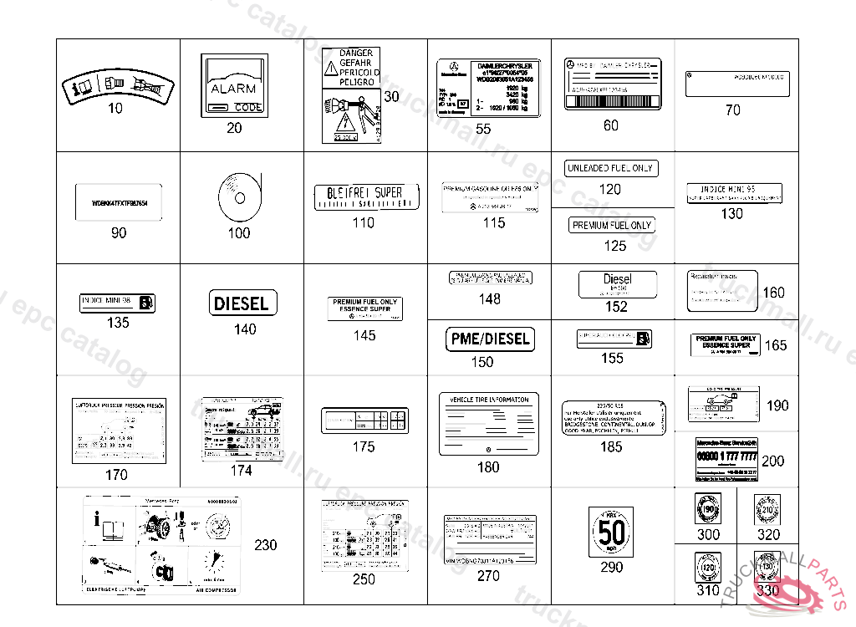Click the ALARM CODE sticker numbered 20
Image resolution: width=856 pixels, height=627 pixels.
point(233,85)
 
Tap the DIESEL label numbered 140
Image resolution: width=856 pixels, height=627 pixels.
point(242,303)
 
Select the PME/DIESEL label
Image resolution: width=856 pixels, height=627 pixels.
point(490,339)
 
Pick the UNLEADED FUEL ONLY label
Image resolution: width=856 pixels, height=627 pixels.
point(610,168)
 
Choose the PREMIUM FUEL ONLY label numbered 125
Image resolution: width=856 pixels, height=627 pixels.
point(612,226)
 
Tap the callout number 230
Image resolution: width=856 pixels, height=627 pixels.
point(266,545)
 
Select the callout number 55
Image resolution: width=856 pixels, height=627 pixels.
point(483,129)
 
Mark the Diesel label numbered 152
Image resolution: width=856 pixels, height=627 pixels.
point(617,284)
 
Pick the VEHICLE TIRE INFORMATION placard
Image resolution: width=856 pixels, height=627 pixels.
point(489,424)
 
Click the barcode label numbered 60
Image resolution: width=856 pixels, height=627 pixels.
point(612,84)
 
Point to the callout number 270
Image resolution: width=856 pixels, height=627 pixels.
point(488,576)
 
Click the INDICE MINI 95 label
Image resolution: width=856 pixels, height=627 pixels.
point(734,193)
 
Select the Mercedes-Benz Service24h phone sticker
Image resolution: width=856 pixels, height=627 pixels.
point(726,460)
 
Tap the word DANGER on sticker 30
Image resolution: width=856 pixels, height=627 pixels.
point(357,53)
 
